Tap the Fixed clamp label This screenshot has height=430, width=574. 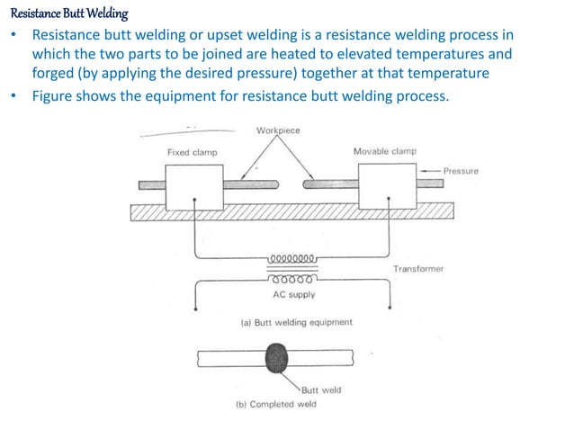pyautogui.click(x=192, y=152)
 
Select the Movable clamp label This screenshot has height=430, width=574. pyautogui.click(x=384, y=151)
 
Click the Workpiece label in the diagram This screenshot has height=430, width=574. pyautogui.click(x=278, y=130)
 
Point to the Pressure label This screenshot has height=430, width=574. pyautogui.click(x=461, y=170)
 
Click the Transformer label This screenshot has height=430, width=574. pyautogui.click(x=417, y=269)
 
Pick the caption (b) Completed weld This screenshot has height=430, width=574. pyautogui.click(x=275, y=404)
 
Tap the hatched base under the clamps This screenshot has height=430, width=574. pyautogui.click(x=291, y=211)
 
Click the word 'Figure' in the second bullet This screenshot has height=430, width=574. pyautogui.click(x=55, y=96)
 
